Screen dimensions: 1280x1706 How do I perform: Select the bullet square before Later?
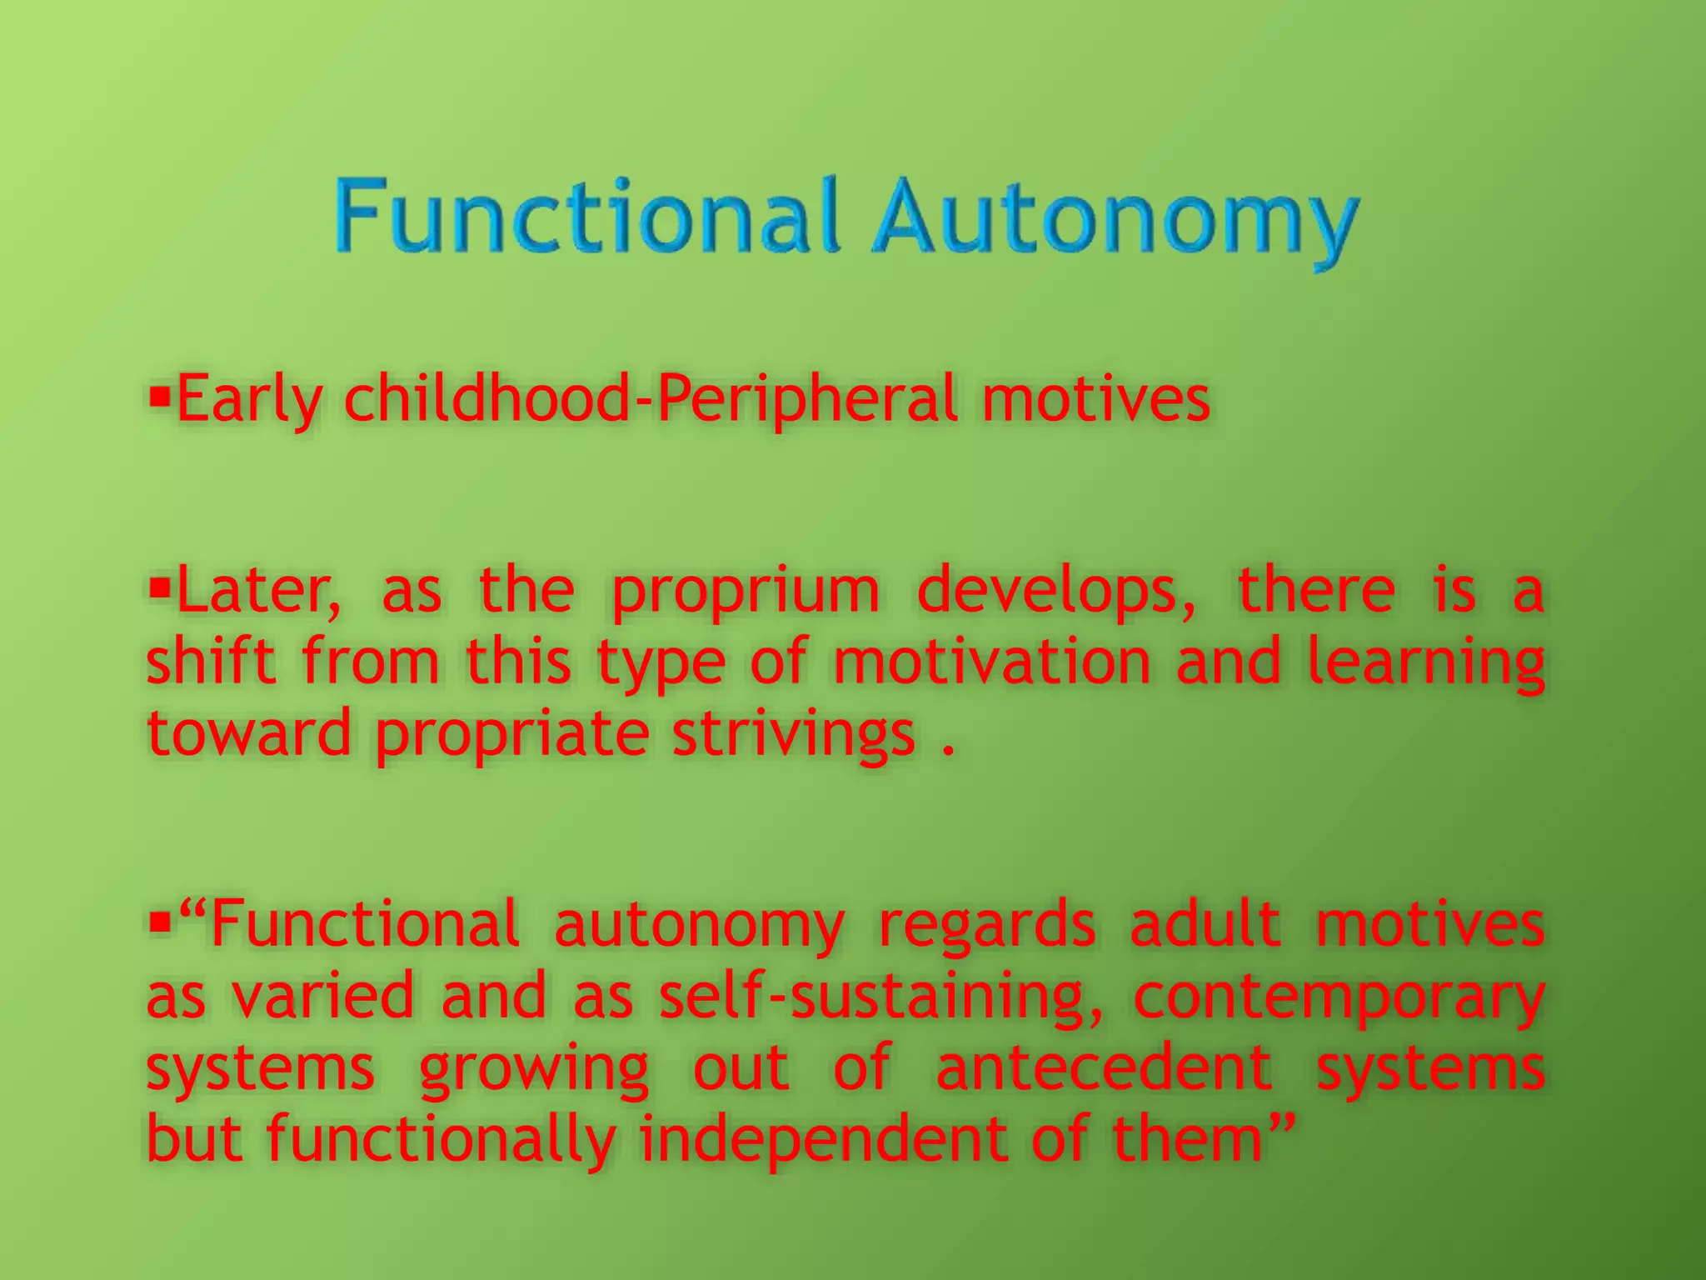coord(158,583)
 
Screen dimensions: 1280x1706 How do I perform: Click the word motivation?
coord(991,662)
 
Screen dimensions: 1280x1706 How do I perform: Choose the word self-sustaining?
coord(880,996)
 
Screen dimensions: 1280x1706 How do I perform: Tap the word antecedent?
coord(1104,1067)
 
